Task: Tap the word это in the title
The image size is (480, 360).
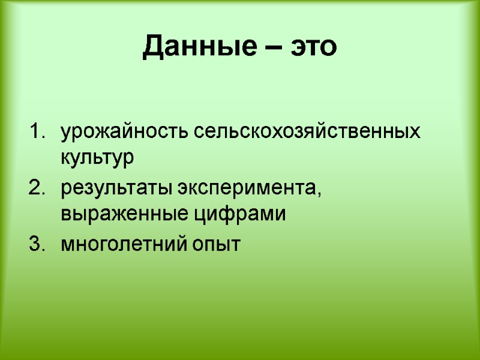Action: (x=314, y=47)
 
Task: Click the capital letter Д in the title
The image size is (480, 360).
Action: (x=152, y=47)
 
